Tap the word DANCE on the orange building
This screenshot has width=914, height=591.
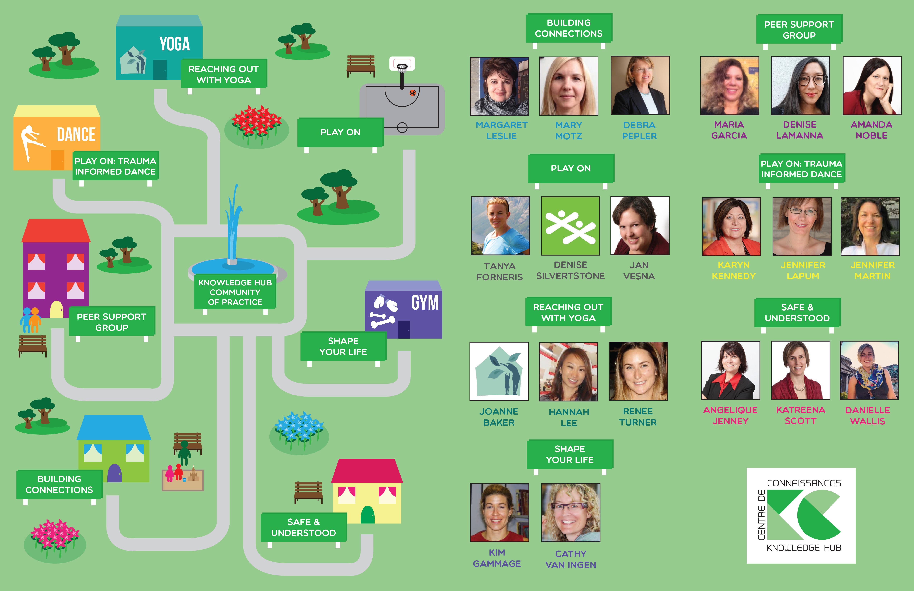tap(76, 135)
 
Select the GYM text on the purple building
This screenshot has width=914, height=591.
tap(425, 303)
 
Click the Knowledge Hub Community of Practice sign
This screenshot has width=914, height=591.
tap(235, 292)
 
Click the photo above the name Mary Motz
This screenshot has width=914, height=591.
tap(568, 86)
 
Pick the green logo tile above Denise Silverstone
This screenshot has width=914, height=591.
tap(570, 226)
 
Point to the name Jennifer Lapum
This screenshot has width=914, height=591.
tap(803, 271)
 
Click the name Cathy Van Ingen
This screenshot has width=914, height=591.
tap(571, 559)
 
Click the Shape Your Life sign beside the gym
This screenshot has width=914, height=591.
tap(343, 346)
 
